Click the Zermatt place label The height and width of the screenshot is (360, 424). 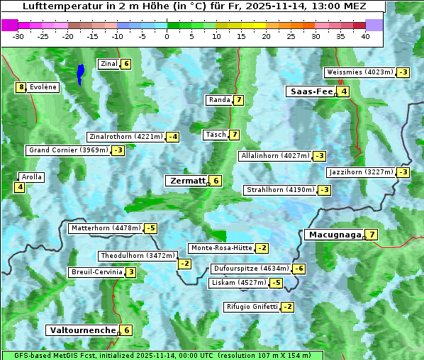[x=186, y=181]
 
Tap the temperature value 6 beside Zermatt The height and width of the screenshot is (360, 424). [x=216, y=181]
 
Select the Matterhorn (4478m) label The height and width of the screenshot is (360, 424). [x=106, y=228]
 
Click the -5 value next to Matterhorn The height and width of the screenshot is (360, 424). [x=150, y=228]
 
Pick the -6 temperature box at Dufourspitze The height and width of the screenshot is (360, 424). [x=299, y=269]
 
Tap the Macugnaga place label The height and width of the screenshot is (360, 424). [x=333, y=235]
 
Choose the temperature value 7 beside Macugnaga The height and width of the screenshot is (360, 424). [x=372, y=235]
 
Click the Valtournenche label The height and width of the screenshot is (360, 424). [x=81, y=330]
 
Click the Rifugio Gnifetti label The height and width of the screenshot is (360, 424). [x=252, y=307]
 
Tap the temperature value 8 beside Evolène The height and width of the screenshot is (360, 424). [x=21, y=87]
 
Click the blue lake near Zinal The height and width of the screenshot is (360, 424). [x=80, y=72]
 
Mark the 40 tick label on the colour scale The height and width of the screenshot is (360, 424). [x=365, y=36]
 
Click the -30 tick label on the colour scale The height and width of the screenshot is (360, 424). [x=18, y=36]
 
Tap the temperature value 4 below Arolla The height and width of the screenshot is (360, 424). [x=19, y=187]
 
